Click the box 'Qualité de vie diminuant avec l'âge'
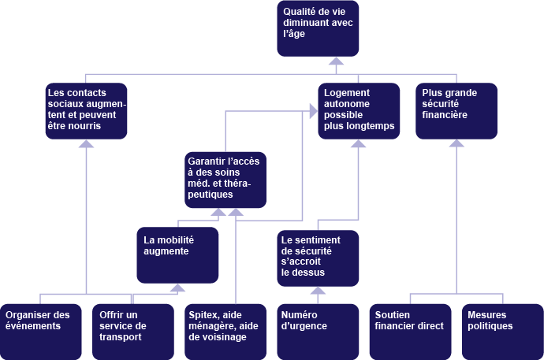tap(318, 28)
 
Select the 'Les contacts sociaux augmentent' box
tap(86, 111)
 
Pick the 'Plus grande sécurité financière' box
tap(456, 111)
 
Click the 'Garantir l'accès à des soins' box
tap(225, 179)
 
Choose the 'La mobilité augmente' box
tap(177, 254)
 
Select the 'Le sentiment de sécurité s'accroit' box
tap(318, 257)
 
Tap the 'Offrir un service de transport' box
tap(130, 331)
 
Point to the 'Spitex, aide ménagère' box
tap(225, 331)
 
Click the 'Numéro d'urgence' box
tap(318, 331)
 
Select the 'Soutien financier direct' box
tap(410, 331)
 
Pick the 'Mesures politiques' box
tap(501, 331)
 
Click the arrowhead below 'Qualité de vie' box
tap(337, 61)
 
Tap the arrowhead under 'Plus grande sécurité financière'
tap(456, 143)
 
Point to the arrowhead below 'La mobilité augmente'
tap(177, 288)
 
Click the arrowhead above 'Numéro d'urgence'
tap(318, 289)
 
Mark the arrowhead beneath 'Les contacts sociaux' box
tap(86, 143)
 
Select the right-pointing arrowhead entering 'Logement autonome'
tap(314, 111)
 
